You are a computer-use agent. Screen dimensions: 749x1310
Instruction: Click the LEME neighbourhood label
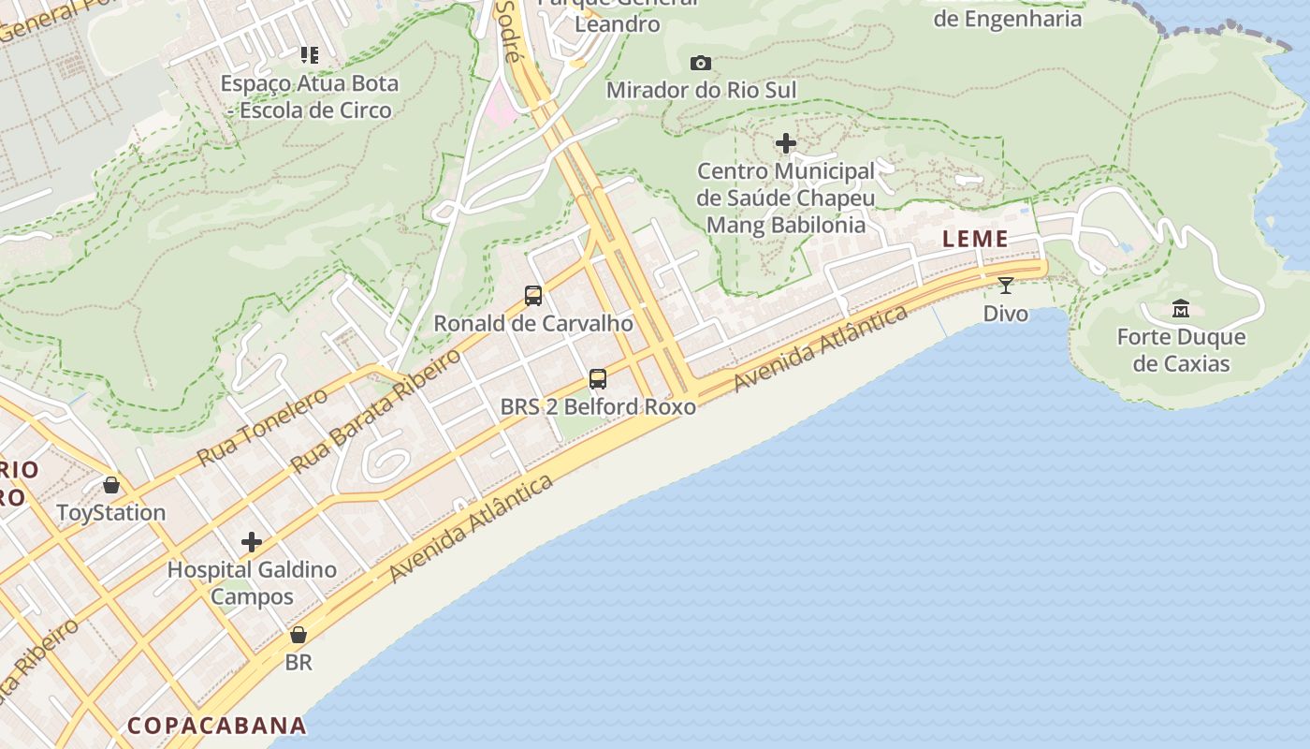[975, 239]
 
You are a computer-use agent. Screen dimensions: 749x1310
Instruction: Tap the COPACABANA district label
[216, 726]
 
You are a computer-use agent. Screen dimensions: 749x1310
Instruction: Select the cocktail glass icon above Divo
[1005, 286]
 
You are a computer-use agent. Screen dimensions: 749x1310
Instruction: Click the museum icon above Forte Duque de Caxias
[1180, 308]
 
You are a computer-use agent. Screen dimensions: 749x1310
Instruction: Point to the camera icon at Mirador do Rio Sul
[700, 63]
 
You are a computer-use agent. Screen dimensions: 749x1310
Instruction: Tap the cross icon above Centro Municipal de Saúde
[786, 143]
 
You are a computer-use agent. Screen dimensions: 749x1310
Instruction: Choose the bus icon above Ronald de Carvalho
[533, 296]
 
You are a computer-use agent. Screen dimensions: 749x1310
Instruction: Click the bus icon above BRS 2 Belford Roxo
[598, 379]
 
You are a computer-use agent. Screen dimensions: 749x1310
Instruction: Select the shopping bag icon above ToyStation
[111, 485]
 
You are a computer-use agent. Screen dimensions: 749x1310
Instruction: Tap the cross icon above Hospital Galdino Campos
[252, 542]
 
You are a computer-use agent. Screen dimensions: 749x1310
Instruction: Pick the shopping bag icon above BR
[298, 635]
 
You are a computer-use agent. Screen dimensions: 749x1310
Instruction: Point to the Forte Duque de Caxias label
[1181, 350]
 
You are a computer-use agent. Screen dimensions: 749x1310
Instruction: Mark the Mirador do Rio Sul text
[702, 90]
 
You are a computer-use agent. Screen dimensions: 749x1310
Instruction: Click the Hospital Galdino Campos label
[252, 582]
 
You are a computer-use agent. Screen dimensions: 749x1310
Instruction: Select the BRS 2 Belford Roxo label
[598, 406]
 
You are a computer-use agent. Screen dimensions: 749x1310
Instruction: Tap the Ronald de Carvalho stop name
[533, 324]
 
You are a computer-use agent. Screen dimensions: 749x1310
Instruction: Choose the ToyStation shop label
[111, 513]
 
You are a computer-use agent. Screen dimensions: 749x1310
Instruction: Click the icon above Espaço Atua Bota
[310, 55]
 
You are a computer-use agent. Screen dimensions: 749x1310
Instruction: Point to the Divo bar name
[1006, 313]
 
